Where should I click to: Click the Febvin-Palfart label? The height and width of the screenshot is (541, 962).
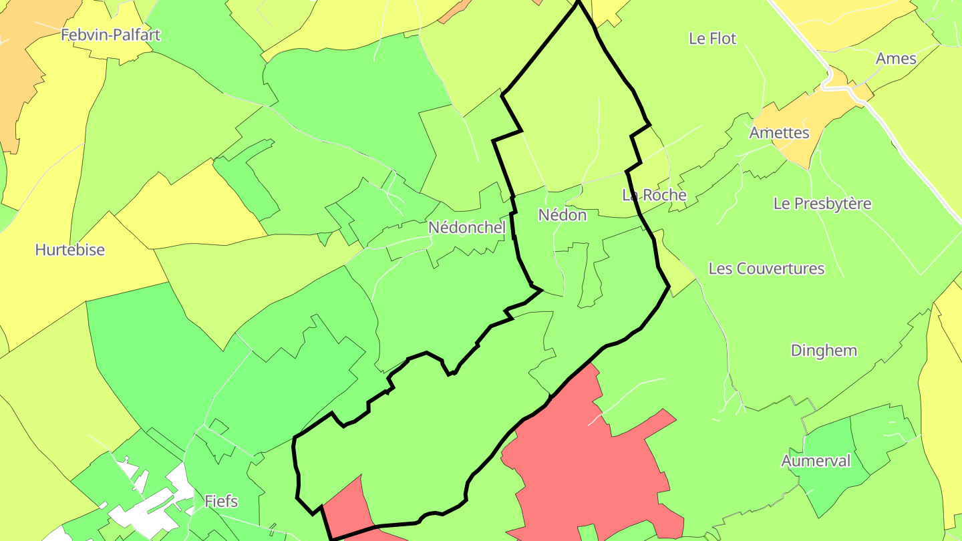pyautogui.click(x=111, y=35)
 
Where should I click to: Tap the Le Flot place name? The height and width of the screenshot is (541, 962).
pyautogui.click(x=712, y=39)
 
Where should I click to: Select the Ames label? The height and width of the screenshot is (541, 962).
pyautogui.click(x=896, y=59)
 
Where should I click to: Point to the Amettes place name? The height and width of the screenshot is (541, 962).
pyautogui.click(x=779, y=133)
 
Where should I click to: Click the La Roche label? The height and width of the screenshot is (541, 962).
pyautogui.click(x=654, y=195)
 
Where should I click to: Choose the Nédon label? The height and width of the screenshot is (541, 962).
pyautogui.click(x=563, y=215)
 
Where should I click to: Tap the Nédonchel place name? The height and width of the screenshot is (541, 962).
pyautogui.click(x=467, y=228)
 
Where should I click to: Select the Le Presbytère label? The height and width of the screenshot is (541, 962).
pyautogui.click(x=822, y=204)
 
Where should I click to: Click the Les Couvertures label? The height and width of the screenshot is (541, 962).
pyautogui.click(x=766, y=268)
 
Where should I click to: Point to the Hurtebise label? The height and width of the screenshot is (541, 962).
pyautogui.click(x=69, y=250)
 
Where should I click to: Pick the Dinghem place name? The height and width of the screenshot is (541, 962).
pyautogui.click(x=824, y=351)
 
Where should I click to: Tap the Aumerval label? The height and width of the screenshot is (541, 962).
pyautogui.click(x=816, y=461)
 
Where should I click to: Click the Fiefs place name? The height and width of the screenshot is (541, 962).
pyautogui.click(x=221, y=501)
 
